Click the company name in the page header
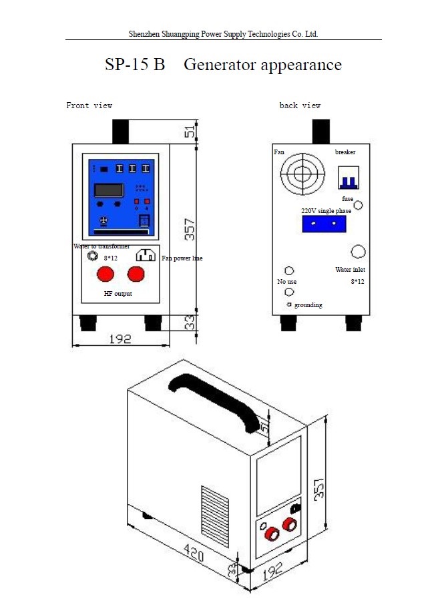223,33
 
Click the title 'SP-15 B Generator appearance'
223,65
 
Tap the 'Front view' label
89,106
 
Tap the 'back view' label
300,106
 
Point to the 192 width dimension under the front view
120,339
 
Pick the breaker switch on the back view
348,178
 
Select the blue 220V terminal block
324,224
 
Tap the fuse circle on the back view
359,206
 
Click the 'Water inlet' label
350,270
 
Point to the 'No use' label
287,282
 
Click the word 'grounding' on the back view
308,305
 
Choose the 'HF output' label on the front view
118,294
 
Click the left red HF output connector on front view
105,274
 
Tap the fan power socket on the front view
146,256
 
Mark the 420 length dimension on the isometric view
193,553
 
